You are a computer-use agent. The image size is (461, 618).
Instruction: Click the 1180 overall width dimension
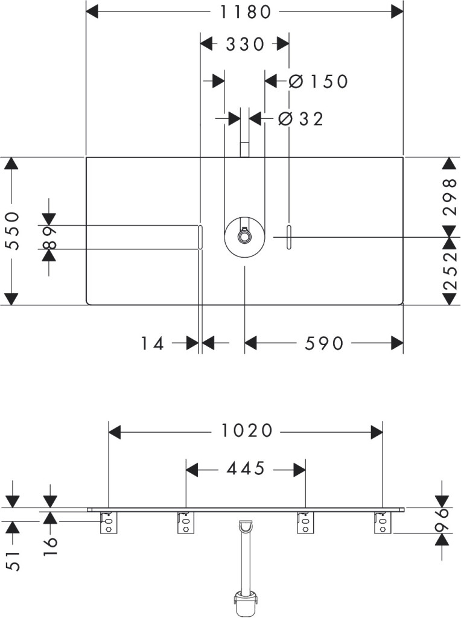click(x=244, y=11)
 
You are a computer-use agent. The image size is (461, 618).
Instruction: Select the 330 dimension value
click(x=244, y=44)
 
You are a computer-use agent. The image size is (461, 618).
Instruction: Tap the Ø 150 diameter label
click(x=319, y=81)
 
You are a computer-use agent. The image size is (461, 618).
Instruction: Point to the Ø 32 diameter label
click(x=300, y=119)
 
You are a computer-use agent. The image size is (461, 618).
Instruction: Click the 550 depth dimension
click(x=13, y=231)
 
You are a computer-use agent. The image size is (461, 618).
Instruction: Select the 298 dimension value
click(x=450, y=196)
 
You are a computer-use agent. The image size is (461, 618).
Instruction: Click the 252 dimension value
click(x=450, y=270)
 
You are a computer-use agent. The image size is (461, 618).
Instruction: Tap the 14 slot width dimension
click(x=153, y=344)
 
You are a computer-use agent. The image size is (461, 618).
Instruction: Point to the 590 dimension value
click(x=323, y=344)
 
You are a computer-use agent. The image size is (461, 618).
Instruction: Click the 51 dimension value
click(x=13, y=561)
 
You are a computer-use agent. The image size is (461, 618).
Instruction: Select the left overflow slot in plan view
click(x=200, y=237)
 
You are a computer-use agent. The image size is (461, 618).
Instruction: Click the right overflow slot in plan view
click(x=289, y=237)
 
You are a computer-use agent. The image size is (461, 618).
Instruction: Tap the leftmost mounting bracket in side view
click(x=108, y=523)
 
